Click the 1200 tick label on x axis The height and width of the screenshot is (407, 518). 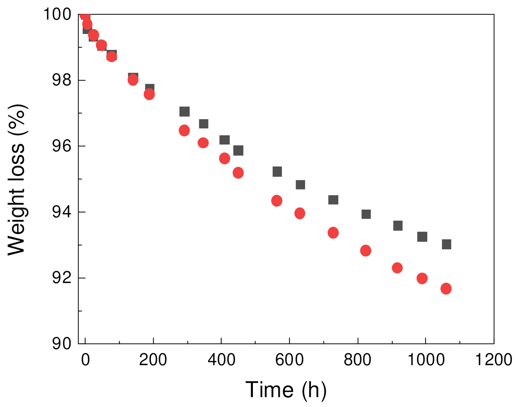tap(493, 360)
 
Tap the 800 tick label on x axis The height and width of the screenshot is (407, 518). tap(357, 360)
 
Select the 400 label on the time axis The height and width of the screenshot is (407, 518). tap(221, 360)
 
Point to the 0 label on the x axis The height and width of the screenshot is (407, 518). tap(85, 360)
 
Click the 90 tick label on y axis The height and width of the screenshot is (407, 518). tap(62, 344)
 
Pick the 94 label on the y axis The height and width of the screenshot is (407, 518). tap(62, 212)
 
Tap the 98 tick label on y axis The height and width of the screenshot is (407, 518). tap(62, 80)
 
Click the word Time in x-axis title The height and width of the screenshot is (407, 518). tap(269, 390)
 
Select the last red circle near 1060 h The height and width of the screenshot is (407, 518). tap(446, 288)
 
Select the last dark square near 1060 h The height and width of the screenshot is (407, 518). tap(447, 244)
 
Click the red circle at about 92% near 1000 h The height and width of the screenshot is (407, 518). tap(422, 278)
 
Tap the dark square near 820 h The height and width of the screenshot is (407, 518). tap(366, 214)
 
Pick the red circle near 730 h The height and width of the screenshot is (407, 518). tap(333, 233)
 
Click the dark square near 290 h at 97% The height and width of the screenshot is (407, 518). tap(185, 111)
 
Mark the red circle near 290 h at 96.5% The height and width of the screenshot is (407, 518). tap(184, 130)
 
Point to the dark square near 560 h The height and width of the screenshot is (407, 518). tap(277, 172)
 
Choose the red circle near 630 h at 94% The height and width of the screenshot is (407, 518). tap(300, 213)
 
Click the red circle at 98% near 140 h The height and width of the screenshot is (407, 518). tap(133, 80)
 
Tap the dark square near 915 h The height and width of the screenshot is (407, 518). tap(398, 226)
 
